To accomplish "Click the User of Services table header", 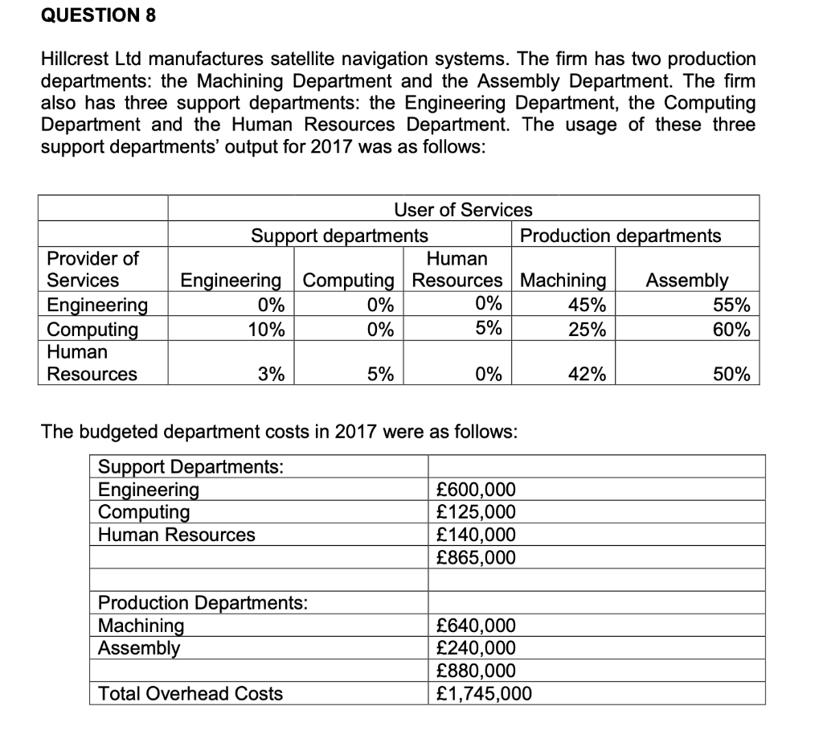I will click(463, 210).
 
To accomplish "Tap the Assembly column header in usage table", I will click(687, 281).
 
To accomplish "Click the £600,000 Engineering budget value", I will click(475, 490).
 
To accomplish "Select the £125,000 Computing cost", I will click(475, 512).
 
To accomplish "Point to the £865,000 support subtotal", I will click(475, 557).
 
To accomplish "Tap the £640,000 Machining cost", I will click(475, 626).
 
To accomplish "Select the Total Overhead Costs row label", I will click(190, 693).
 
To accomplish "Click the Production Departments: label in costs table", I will click(203, 603).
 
